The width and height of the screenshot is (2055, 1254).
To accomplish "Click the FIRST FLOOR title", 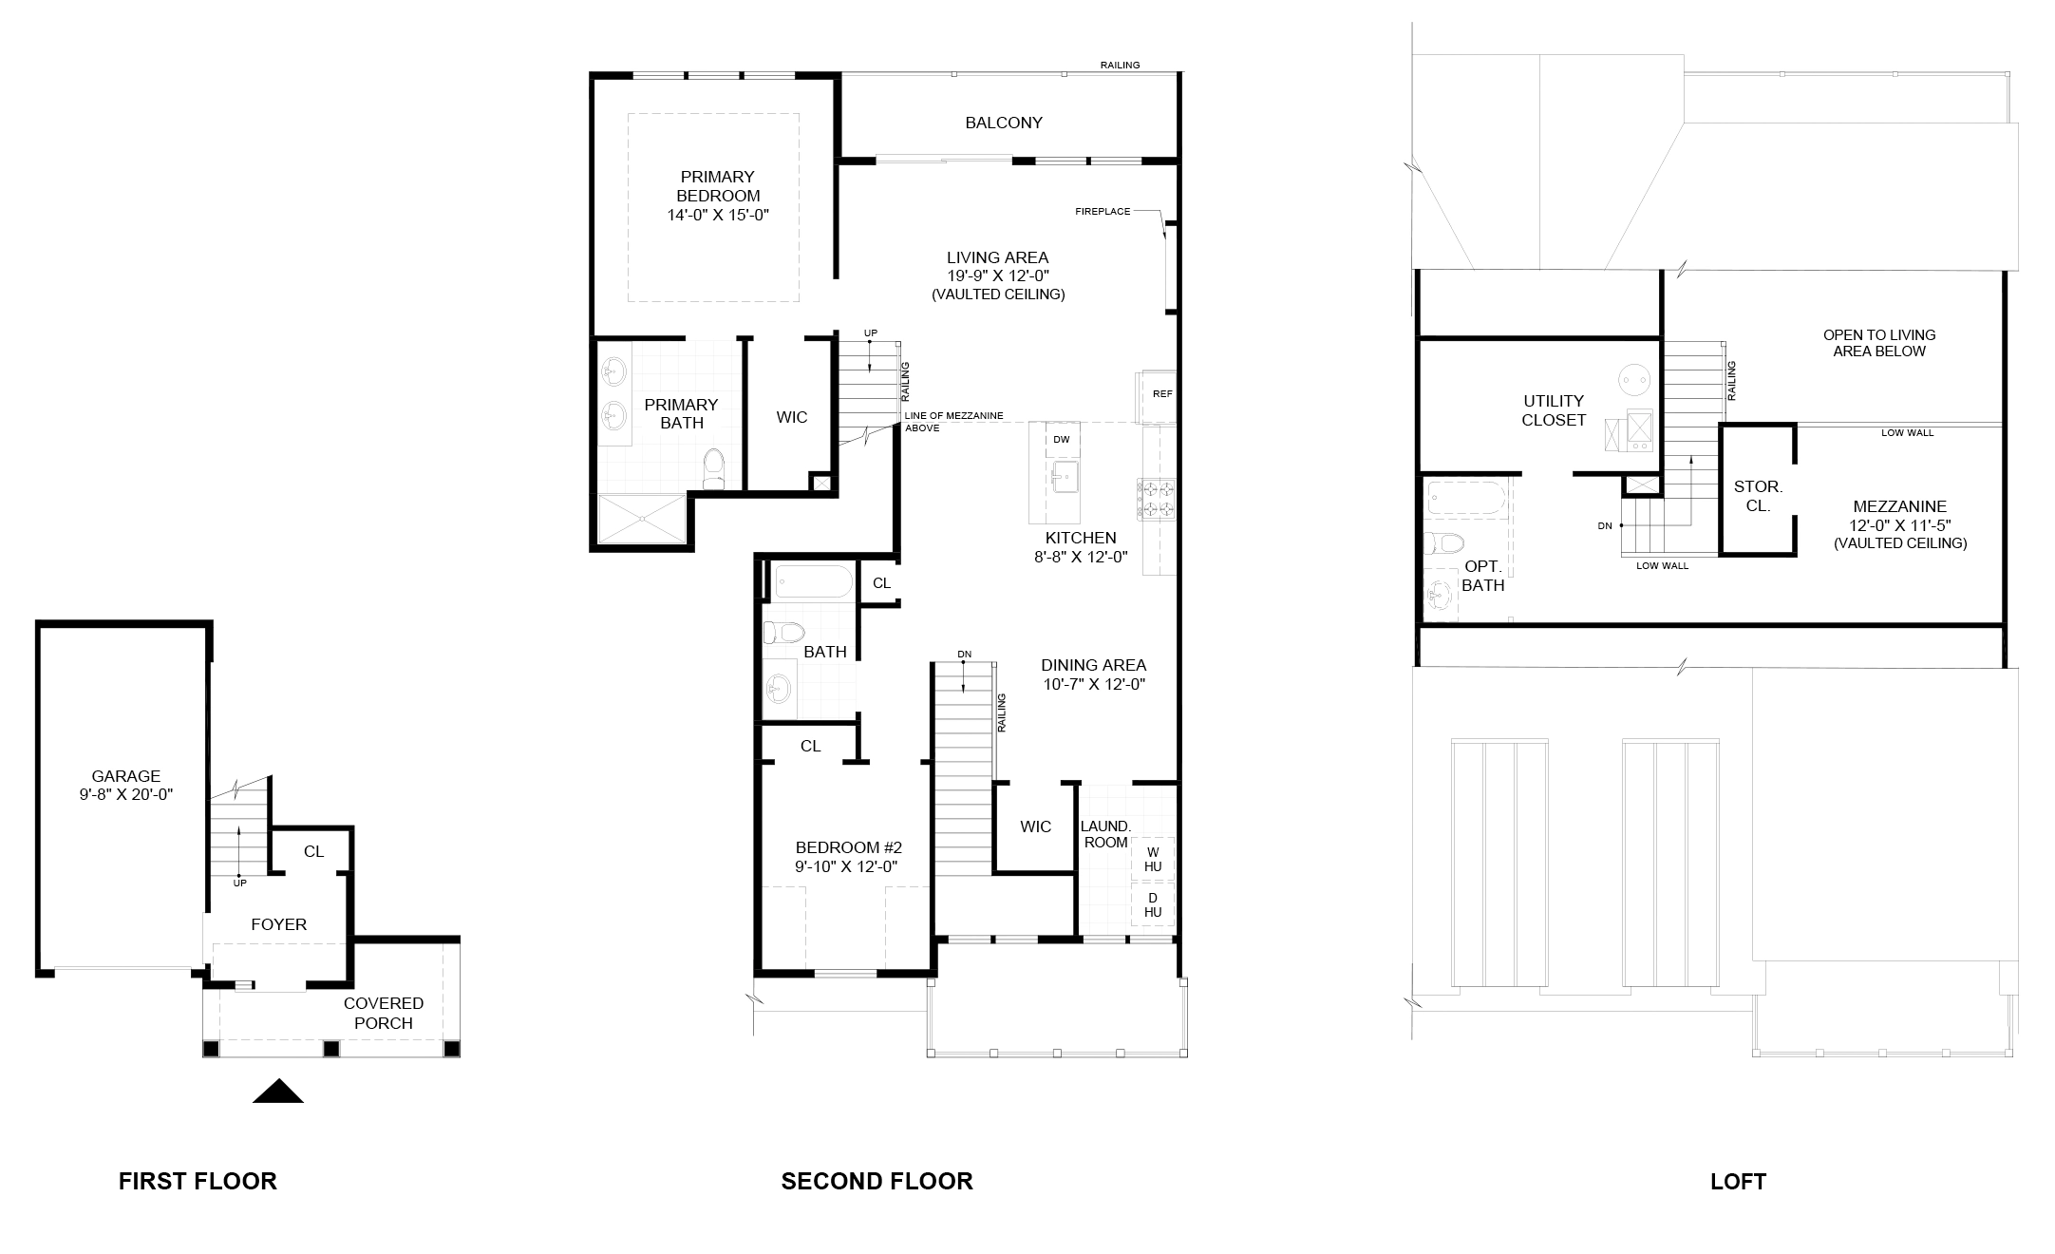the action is click(198, 1181).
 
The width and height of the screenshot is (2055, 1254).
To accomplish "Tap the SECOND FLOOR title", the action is click(877, 1181).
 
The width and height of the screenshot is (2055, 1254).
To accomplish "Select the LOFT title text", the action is click(1738, 1182).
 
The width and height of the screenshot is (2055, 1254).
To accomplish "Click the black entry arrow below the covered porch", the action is click(278, 1092).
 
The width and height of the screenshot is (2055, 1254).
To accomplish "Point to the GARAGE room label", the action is click(126, 776).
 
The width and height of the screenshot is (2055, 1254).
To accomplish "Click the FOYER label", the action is click(279, 924).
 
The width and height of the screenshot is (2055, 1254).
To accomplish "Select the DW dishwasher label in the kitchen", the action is click(1062, 439).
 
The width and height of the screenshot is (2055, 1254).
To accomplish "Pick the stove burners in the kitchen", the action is click(1157, 500).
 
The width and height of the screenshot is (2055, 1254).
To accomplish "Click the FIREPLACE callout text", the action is click(1103, 211).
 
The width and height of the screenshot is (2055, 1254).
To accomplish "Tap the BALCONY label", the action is click(1004, 123).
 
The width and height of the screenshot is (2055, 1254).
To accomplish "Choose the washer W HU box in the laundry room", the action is click(1153, 859).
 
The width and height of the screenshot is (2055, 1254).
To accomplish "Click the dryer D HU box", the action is click(1153, 904).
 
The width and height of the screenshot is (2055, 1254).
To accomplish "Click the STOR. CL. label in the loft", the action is click(1758, 496).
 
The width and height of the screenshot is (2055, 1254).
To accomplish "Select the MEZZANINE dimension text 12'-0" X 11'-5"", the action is click(1900, 525).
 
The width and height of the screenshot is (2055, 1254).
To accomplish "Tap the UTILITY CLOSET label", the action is click(1554, 410).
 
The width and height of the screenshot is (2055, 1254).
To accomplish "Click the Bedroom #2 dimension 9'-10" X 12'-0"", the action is click(847, 866).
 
